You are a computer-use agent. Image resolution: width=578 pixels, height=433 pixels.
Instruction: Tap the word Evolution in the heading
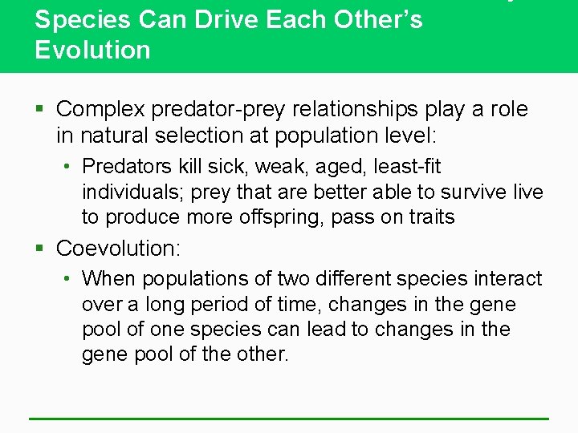[92, 50]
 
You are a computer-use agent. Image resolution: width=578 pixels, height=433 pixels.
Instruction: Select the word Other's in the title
[377, 19]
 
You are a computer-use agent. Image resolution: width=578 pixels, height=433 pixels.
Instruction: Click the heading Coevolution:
[119, 249]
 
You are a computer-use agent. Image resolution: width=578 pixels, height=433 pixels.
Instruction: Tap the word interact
[507, 279]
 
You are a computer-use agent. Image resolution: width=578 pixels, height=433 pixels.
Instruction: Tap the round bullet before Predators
[69, 168]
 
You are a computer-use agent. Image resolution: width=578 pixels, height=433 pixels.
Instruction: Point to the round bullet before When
[69, 280]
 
